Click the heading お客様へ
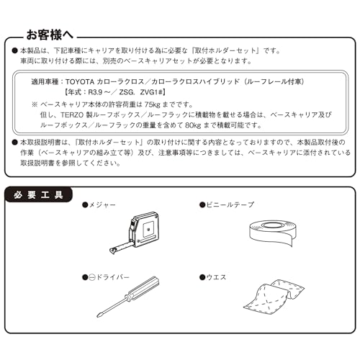click(53, 34)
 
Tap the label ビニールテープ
click(230, 205)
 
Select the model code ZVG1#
click(167, 94)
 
